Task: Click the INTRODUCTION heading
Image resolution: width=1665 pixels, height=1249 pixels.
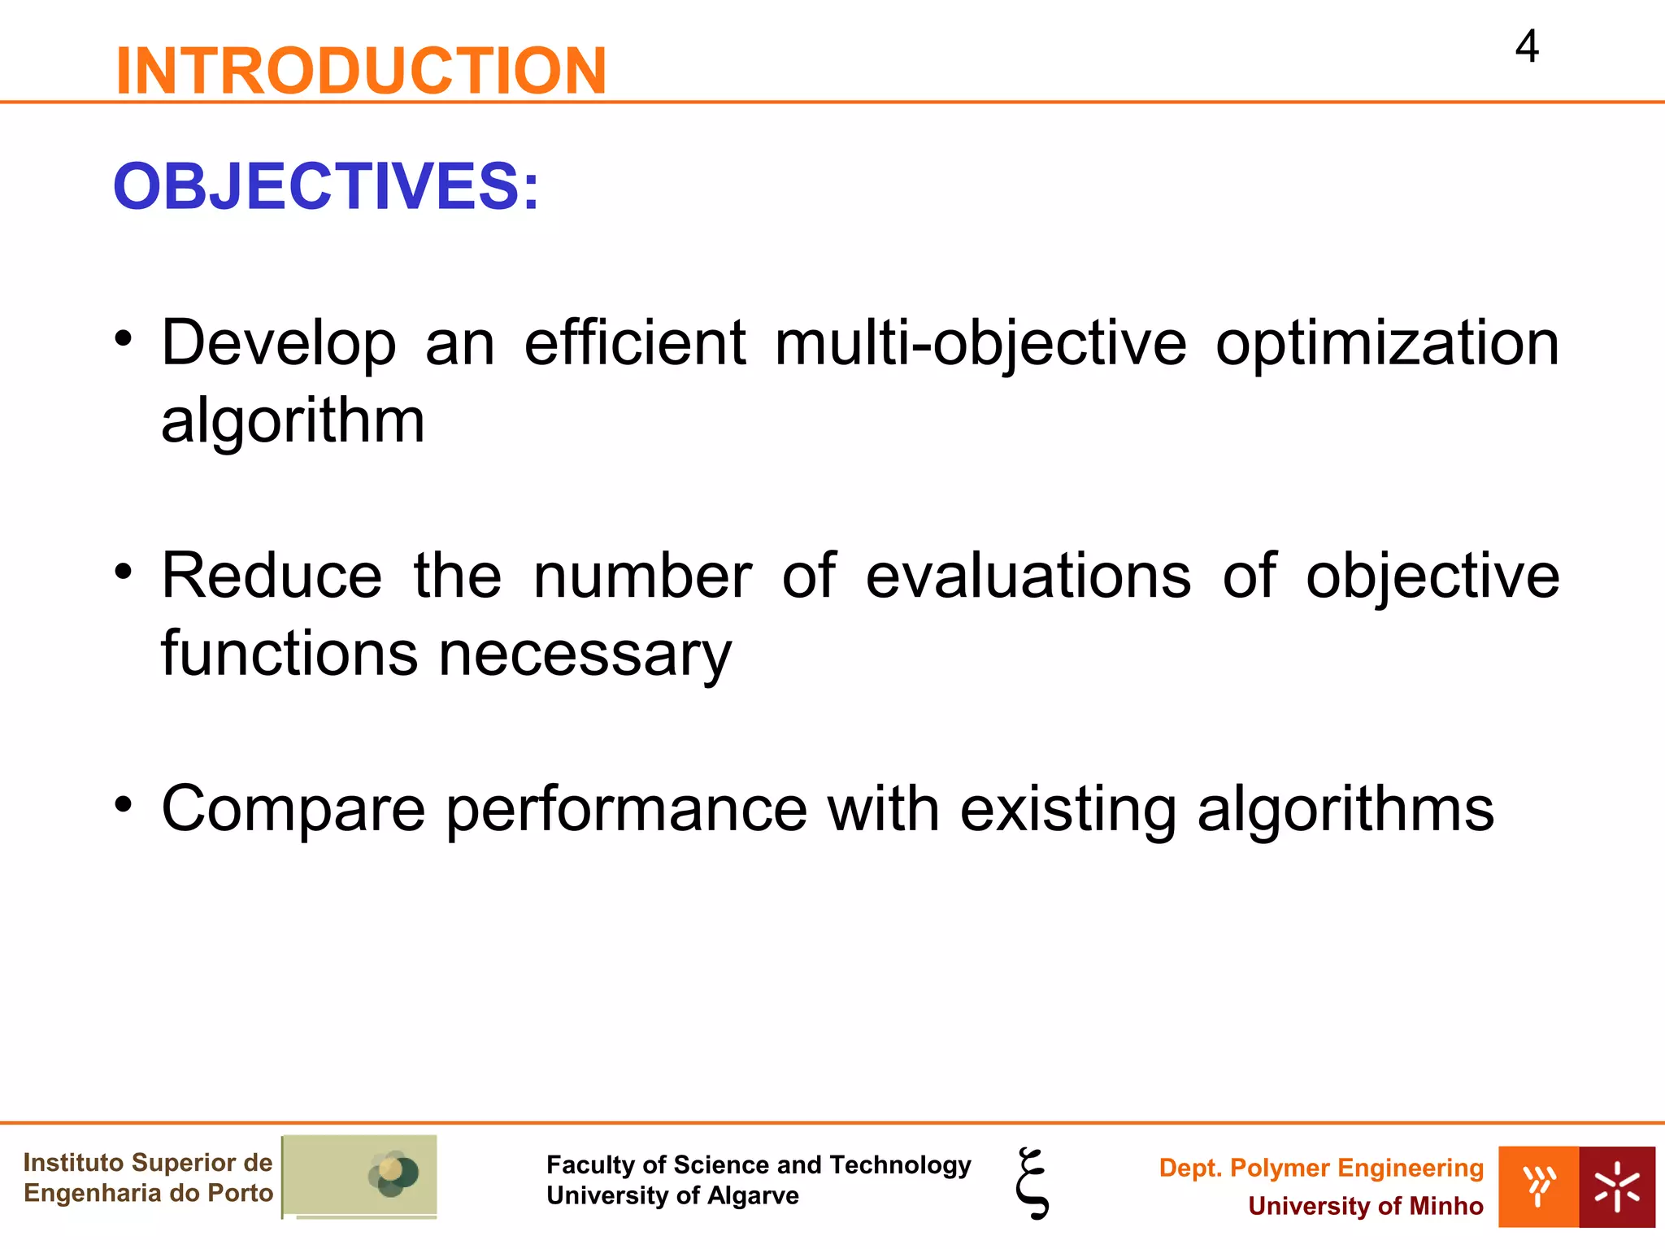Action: (361, 72)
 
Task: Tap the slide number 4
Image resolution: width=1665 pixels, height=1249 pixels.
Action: (1527, 47)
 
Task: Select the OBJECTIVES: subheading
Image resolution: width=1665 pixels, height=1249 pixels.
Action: (325, 187)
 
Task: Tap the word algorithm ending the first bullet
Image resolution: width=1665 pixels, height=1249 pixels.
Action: (293, 421)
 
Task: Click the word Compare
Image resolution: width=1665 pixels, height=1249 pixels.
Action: (293, 810)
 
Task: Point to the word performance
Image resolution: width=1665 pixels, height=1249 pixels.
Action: (626, 810)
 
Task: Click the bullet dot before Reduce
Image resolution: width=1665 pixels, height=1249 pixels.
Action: (123, 571)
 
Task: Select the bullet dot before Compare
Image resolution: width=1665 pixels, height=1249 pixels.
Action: (123, 804)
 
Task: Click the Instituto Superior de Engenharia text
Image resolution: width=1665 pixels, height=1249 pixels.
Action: (148, 1177)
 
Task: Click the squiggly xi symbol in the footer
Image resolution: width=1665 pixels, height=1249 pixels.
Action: (1032, 1183)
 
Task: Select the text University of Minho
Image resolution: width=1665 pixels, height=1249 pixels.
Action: (1365, 1206)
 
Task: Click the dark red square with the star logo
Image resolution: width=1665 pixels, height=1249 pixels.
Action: (1616, 1186)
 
